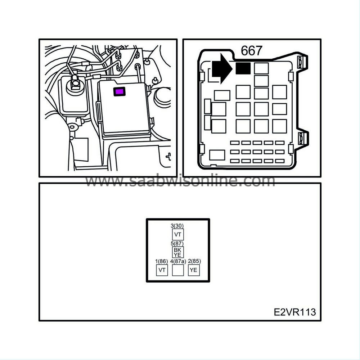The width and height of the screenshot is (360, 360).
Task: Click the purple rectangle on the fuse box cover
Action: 120,91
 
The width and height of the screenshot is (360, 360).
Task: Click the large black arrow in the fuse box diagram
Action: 222,69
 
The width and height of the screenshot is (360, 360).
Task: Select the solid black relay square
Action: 243,68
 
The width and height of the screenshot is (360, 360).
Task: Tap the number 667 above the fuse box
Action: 251,50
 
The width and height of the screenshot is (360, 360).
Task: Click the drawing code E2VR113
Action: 295,312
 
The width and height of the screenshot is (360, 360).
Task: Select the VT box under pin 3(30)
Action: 178,234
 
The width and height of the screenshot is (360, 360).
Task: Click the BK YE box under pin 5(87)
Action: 178,252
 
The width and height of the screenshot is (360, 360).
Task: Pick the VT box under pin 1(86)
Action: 162,270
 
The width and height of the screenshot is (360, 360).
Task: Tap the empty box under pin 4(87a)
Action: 178,270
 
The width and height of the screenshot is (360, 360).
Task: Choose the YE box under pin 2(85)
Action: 194,270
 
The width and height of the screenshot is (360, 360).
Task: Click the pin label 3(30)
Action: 177,226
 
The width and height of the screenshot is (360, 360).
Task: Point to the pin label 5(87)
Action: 177,243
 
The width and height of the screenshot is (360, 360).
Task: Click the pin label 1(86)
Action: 162,261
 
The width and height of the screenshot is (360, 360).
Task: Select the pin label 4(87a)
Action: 178,261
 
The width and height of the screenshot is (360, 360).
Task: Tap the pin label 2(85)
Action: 194,261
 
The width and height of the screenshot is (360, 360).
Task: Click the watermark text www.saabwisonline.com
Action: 180,181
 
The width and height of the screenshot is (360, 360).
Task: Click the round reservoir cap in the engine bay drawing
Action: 75,86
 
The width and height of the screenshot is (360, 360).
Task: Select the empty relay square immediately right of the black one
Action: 261,68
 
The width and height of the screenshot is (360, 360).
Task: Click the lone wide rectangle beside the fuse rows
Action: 217,155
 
